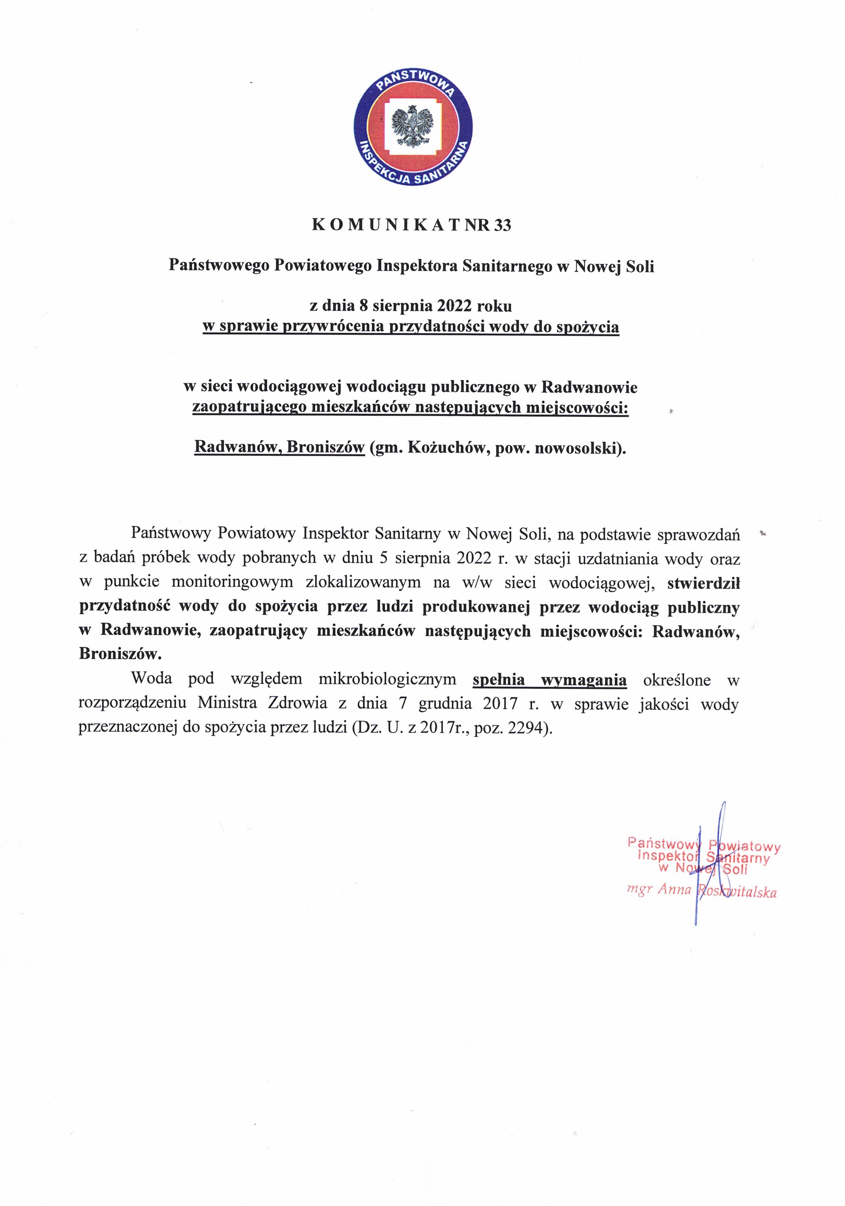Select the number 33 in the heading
point(502,225)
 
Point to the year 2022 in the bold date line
point(455,305)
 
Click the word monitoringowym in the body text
point(232,582)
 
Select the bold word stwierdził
point(703,582)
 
